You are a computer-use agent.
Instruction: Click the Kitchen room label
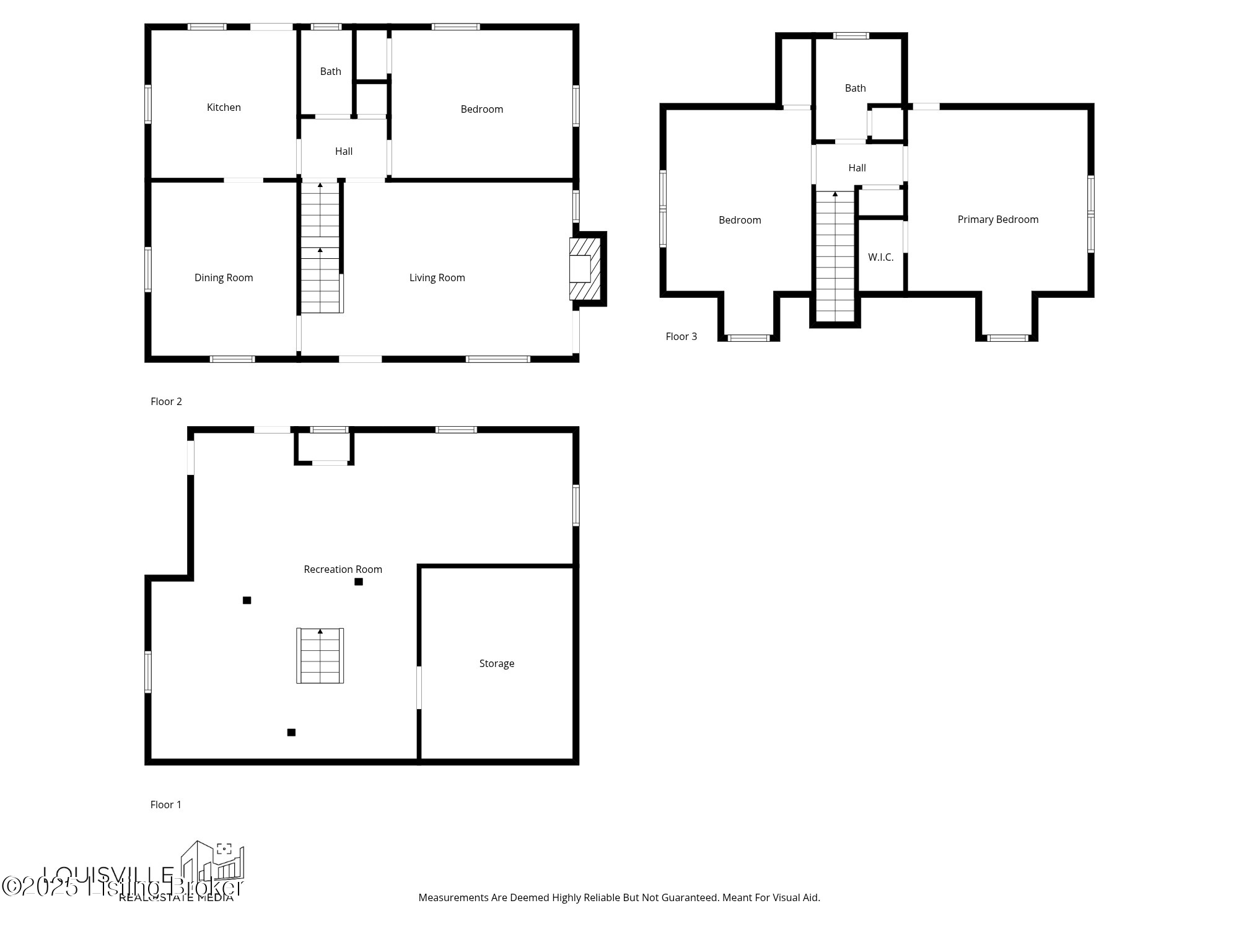click(224, 107)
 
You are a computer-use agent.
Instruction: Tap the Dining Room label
click(224, 277)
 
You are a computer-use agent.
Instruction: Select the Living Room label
click(437, 277)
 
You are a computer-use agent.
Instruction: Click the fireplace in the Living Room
click(584, 269)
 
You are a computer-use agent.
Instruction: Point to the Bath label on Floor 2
click(330, 71)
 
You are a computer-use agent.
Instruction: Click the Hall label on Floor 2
click(343, 151)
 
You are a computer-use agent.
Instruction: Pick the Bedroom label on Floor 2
click(481, 109)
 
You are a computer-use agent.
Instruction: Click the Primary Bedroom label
click(997, 219)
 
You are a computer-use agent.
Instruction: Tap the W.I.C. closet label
click(880, 257)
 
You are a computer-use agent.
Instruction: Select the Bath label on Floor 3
click(855, 88)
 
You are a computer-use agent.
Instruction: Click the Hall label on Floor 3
click(857, 168)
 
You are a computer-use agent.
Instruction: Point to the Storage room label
click(496, 663)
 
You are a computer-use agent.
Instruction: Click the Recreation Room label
click(343, 569)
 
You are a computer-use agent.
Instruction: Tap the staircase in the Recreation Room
click(320, 655)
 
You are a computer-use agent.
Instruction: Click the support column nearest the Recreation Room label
click(358, 582)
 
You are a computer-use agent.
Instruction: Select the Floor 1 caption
click(165, 805)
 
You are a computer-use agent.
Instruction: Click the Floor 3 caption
click(681, 336)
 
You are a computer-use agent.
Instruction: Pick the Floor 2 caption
click(166, 401)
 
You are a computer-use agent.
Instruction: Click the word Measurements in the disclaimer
click(453, 897)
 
